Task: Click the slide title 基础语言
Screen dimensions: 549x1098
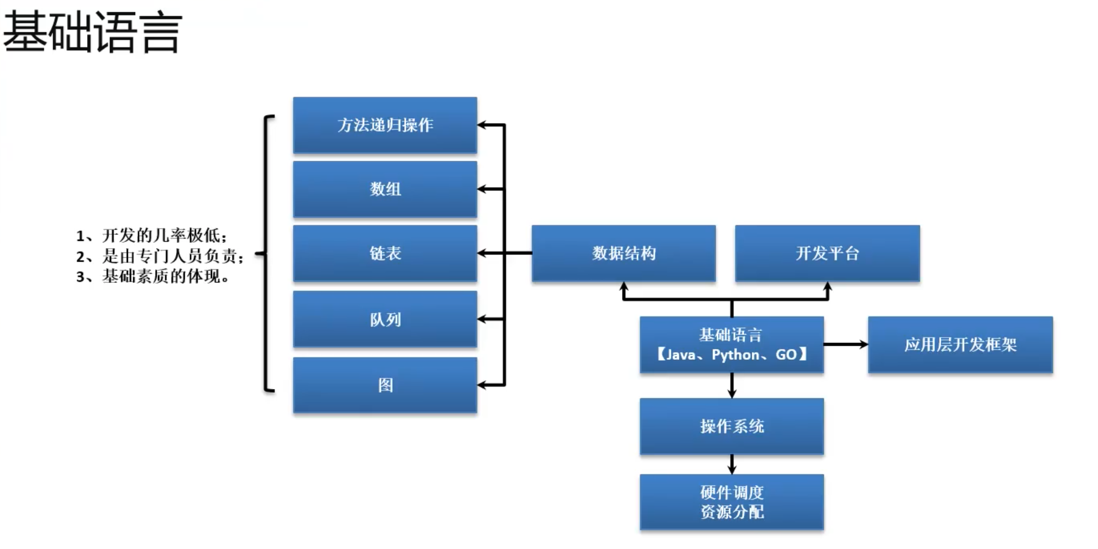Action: click(x=93, y=32)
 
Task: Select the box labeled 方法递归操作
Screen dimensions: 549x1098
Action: click(x=385, y=125)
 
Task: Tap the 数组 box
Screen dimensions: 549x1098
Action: click(x=385, y=189)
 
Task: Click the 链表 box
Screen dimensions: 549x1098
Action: click(x=385, y=253)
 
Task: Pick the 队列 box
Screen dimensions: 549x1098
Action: click(x=385, y=319)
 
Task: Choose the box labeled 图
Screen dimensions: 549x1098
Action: click(x=385, y=385)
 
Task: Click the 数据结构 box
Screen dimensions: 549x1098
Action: click(x=623, y=253)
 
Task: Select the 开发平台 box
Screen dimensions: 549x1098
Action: click(x=827, y=253)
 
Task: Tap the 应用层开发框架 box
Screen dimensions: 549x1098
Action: click(x=960, y=345)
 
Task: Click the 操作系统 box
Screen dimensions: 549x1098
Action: click(x=732, y=426)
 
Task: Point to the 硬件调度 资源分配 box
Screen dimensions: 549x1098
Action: click(x=732, y=502)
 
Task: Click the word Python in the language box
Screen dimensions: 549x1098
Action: click(x=735, y=355)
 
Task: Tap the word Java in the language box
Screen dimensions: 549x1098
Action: click(x=681, y=355)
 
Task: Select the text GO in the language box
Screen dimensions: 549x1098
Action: click(x=786, y=355)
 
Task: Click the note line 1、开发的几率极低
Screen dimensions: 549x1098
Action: click(x=151, y=235)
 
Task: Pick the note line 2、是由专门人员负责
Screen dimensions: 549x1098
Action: click(x=160, y=256)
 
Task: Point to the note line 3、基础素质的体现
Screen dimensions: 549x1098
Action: click(x=153, y=277)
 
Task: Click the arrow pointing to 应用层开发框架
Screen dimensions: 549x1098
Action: click(x=846, y=345)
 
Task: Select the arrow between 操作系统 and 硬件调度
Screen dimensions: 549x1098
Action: click(x=732, y=464)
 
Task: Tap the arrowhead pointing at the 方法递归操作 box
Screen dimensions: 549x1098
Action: click(x=482, y=125)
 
